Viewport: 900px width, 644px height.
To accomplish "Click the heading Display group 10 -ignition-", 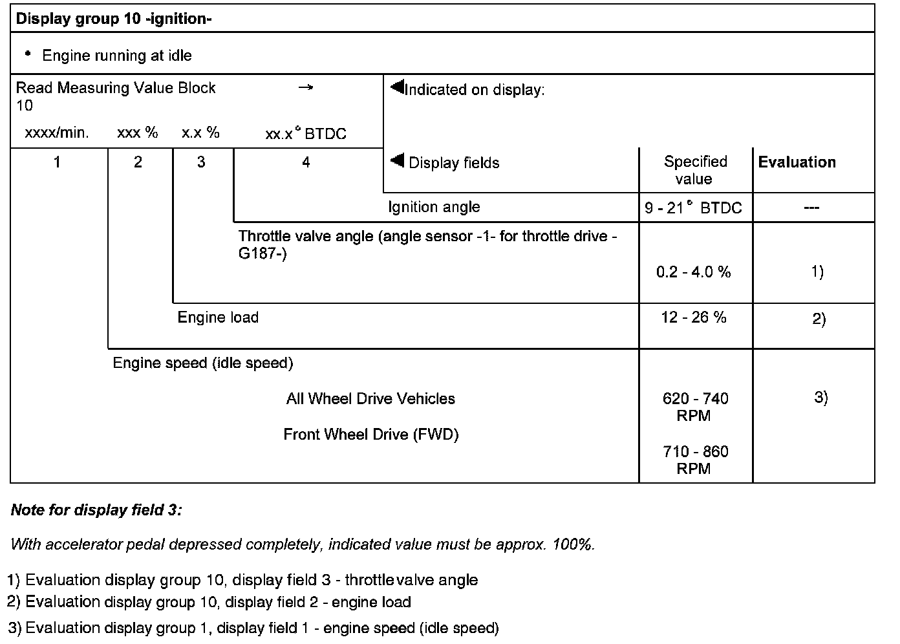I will tap(114, 19).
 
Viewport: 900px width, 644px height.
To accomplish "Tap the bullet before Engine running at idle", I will tap(28, 54).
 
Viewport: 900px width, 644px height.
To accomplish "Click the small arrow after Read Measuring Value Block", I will tap(306, 87).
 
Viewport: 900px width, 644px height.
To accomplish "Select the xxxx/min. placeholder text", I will tap(57, 133).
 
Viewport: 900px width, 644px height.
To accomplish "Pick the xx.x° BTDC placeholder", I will tap(306, 134).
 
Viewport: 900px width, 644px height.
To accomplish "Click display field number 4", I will tap(306, 162).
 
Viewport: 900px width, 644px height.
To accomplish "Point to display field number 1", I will tap(57, 162).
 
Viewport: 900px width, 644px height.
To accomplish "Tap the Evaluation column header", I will tap(797, 162).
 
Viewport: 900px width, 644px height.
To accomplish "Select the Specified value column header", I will tap(695, 170).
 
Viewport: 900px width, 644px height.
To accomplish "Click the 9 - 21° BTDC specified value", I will tap(693, 208).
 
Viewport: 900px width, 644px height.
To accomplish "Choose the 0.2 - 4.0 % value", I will tap(693, 272).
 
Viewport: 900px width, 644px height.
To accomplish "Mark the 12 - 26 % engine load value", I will tap(693, 317).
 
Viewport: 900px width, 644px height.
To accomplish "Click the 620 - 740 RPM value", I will tap(695, 407).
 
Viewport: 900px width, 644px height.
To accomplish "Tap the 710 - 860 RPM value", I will tap(695, 460).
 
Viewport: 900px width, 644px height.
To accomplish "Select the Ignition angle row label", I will tap(434, 207).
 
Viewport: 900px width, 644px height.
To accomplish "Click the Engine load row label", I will tap(218, 317).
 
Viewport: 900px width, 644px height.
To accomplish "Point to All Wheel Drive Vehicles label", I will tap(370, 399).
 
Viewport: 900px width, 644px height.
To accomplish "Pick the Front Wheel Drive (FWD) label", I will tap(371, 435).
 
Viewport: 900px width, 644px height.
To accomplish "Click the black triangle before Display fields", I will tap(398, 160).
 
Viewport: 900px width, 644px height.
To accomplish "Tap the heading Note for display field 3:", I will tap(96, 510).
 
